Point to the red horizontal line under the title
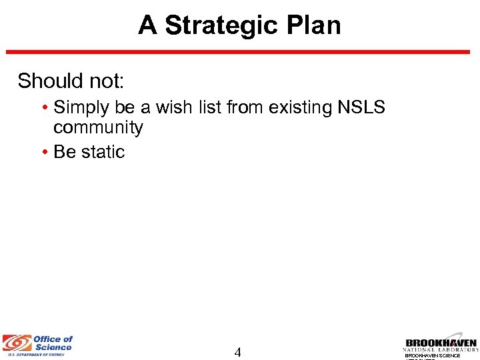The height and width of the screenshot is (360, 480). pyautogui.click(x=240, y=52)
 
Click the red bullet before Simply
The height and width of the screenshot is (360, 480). pyautogui.click(x=43, y=107)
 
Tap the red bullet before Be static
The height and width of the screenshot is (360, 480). pyautogui.click(x=43, y=152)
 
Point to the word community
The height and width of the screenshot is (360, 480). pyautogui.click(x=98, y=127)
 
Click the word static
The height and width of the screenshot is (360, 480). pyautogui.click(x=102, y=152)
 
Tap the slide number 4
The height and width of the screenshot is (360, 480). pyautogui.click(x=237, y=352)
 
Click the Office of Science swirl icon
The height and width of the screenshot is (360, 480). pyautogui.click(x=15, y=343)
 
